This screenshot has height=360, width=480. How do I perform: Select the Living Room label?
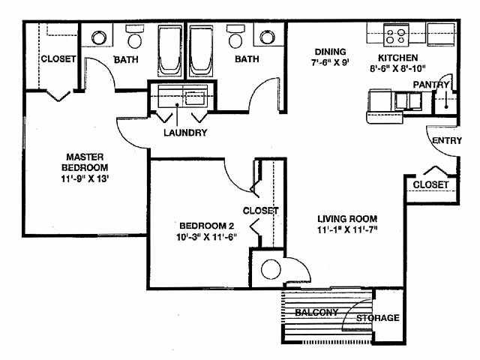point(346,218)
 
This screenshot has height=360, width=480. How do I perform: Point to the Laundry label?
point(185,133)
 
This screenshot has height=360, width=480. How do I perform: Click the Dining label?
point(330,52)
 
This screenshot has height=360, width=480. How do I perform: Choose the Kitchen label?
point(398,57)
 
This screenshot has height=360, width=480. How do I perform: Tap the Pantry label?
point(430,85)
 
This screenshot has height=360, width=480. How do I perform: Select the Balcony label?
point(316,312)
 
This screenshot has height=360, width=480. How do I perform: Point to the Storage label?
point(377,318)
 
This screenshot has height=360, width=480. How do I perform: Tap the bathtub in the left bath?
point(169,49)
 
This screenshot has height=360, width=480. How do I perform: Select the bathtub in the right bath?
point(201,49)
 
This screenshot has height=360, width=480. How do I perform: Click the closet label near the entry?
point(430,184)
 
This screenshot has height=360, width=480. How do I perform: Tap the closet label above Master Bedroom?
point(58,58)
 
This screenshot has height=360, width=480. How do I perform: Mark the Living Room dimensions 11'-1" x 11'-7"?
point(346,229)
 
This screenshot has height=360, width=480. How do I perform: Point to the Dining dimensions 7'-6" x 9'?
point(330,63)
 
